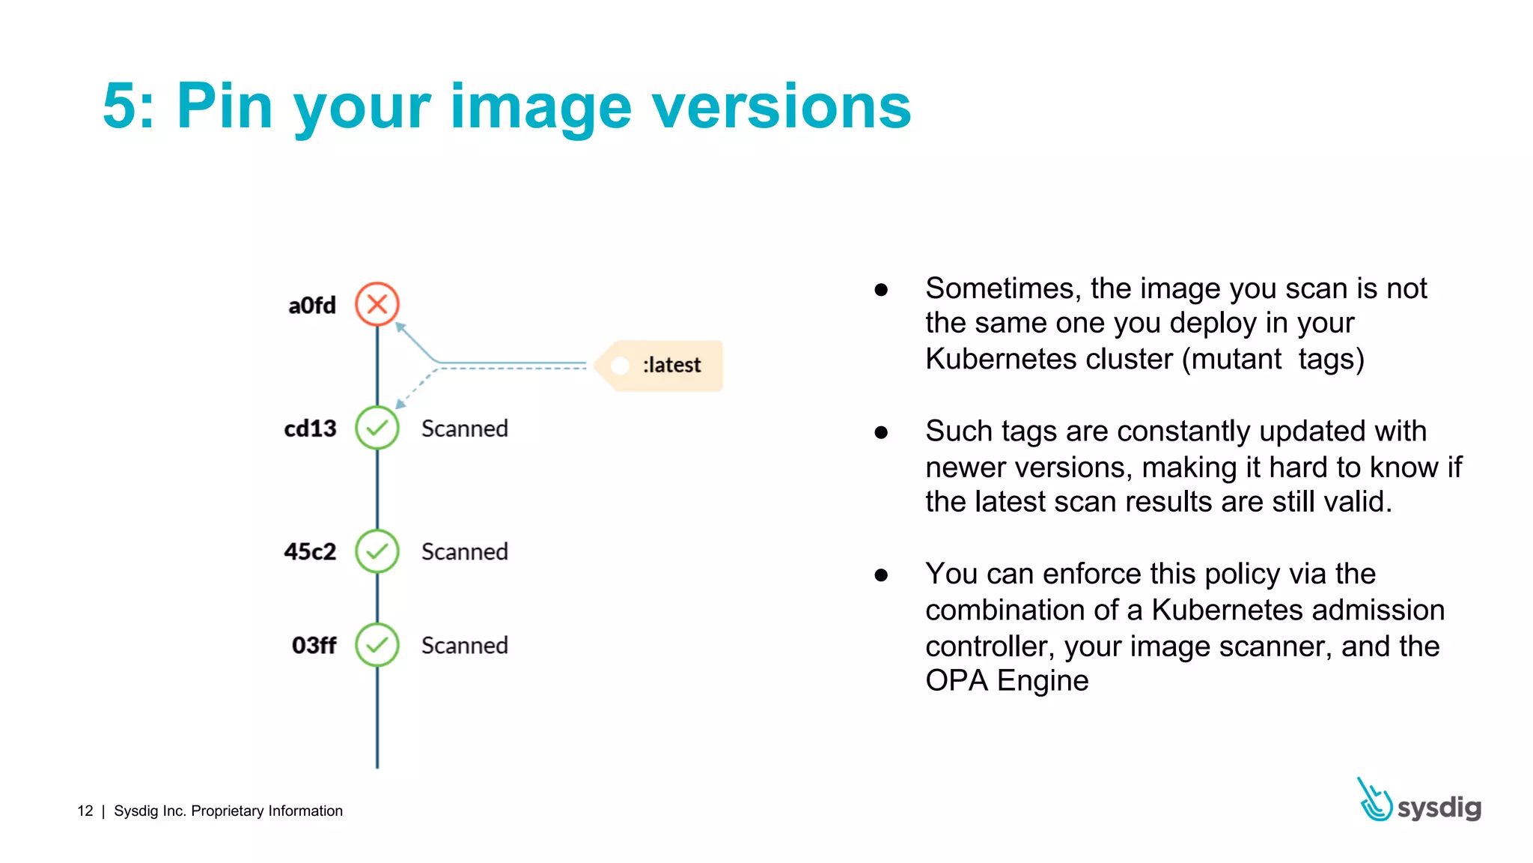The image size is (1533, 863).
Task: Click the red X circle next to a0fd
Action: tap(377, 304)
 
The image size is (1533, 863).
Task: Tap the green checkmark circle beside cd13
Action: tap(377, 428)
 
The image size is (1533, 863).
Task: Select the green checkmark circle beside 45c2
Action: tap(377, 551)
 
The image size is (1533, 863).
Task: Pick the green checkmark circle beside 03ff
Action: tap(377, 645)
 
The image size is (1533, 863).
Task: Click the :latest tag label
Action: tap(671, 366)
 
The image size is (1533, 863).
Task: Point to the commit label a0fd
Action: tap(312, 306)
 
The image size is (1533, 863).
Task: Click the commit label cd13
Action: tap(310, 429)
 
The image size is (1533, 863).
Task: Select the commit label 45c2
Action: tap(310, 552)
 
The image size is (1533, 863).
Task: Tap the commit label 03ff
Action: tap(314, 646)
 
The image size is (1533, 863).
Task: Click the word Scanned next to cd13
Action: tap(464, 429)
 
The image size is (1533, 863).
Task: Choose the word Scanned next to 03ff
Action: tap(464, 646)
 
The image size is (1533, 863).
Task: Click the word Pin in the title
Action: tap(224, 106)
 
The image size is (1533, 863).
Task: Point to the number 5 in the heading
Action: tap(119, 107)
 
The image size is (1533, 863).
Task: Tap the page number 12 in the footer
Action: tap(85, 811)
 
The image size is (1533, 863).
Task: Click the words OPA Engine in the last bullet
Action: tap(1006, 681)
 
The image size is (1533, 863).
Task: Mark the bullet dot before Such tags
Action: tap(881, 432)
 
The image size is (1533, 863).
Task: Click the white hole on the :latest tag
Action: tap(620, 366)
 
